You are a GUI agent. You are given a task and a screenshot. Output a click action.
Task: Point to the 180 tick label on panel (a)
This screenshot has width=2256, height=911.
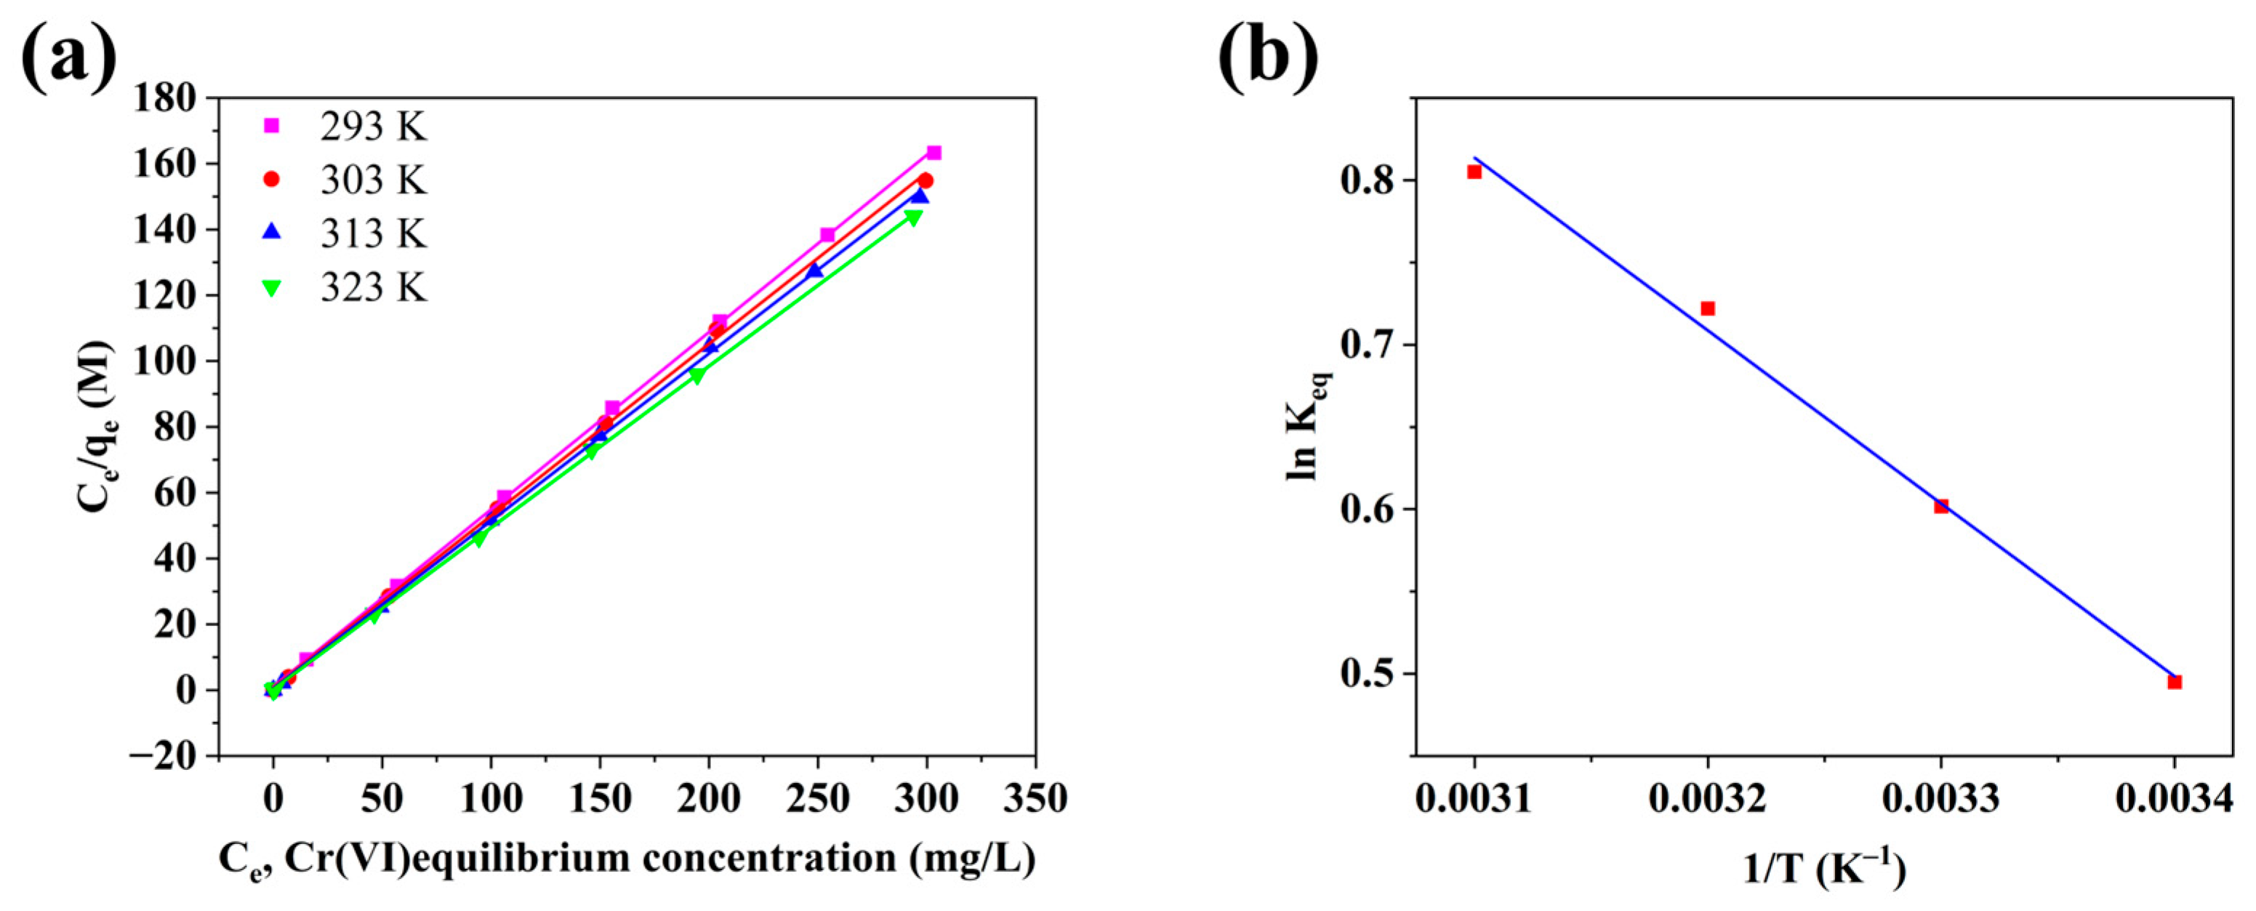coord(164,98)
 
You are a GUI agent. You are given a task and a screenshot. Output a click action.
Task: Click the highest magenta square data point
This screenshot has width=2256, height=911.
coord(934,153)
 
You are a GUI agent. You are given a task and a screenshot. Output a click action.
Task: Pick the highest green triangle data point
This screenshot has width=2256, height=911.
coord(912,218)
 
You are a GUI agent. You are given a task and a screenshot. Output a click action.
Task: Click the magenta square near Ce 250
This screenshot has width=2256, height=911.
coord(827,235)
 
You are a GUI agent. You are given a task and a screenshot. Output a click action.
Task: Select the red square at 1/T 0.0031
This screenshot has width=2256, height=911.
coord(1474,172)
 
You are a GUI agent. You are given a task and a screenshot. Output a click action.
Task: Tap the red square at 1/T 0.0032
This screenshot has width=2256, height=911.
coord(1707,308)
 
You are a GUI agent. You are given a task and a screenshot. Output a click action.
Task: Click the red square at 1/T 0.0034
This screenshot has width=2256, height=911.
coord(2174,681)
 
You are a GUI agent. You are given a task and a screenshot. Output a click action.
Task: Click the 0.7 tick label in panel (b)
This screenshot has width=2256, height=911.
coord(1368,345)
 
